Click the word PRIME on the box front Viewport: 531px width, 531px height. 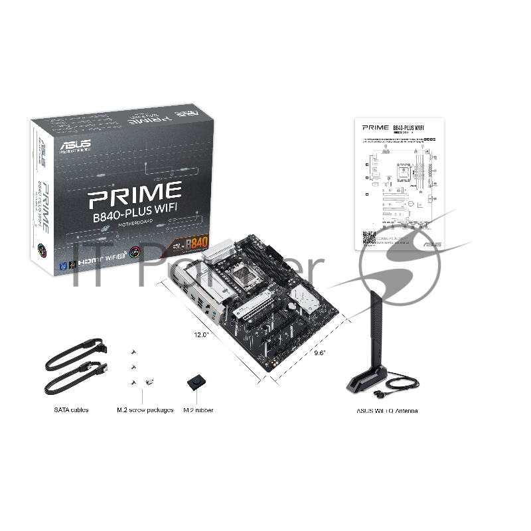click(135, 193)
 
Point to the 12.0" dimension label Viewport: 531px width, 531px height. click(202, 335)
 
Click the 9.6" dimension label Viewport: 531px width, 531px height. click(319, 353)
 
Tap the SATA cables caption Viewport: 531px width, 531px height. click(71, 410)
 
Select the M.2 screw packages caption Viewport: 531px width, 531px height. click(145, 410)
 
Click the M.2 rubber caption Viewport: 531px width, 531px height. click(198, 410)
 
